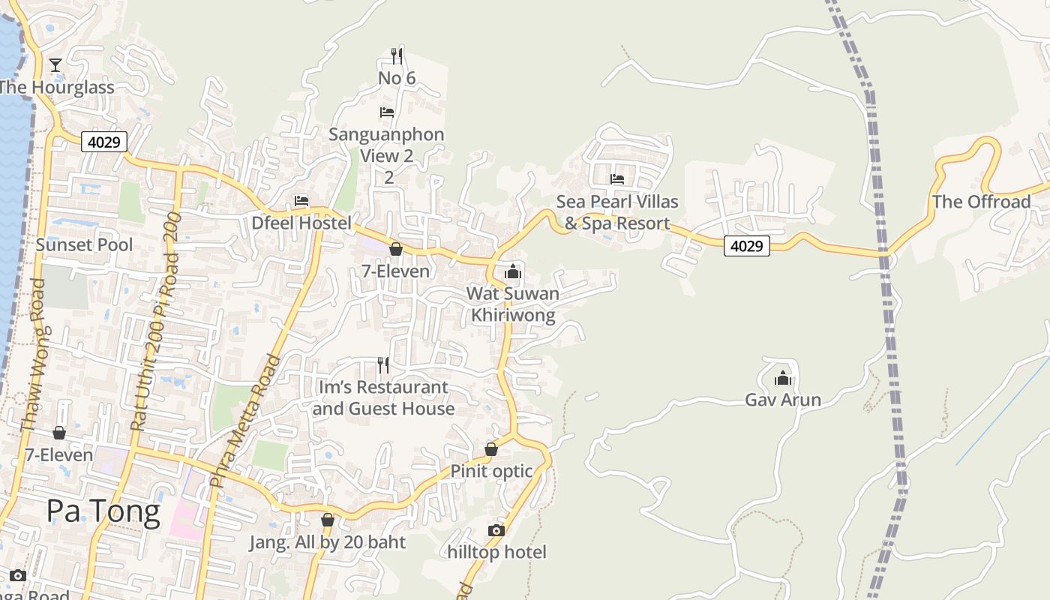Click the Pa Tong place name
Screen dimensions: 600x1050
(103, 511)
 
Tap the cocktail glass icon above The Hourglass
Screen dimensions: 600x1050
(55, 65)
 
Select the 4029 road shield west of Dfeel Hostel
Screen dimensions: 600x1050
(104, 142)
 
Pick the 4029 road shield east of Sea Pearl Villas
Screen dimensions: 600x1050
(747, 245)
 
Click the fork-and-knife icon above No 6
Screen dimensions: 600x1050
(397, 56)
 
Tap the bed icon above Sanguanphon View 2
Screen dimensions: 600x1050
(387, 112)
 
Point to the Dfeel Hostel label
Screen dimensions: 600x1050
(301, 223)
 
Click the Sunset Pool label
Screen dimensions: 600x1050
(84, 244)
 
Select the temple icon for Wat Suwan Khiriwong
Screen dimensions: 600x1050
(513, 271)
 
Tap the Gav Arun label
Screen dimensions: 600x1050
(783, 400)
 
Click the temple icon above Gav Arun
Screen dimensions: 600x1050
(783, 378)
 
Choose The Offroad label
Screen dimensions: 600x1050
(981, 202)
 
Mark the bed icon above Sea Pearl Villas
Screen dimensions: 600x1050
(617, 178)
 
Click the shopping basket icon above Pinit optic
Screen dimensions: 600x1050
(491, 449)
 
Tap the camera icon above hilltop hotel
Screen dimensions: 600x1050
(496, 530)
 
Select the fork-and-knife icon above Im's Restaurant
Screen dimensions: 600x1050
(383, 365)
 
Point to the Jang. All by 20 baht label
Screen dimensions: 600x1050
(328, 542)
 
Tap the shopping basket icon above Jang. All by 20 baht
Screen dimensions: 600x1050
(328, 520)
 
